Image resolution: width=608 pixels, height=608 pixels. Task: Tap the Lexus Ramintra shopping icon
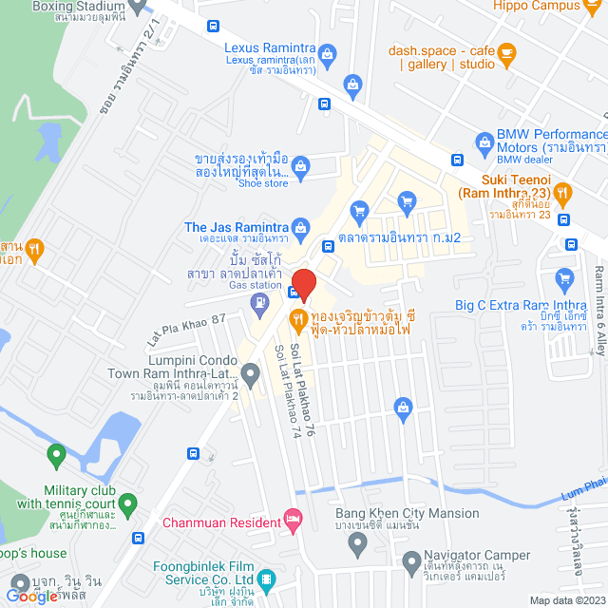[327, 53]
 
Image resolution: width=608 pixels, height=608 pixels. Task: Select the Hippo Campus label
[537, 5]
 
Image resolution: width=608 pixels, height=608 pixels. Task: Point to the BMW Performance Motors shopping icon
[484, 142]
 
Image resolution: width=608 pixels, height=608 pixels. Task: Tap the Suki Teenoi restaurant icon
[564, 194]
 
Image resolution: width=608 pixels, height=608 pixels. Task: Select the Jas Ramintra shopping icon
[301, 227]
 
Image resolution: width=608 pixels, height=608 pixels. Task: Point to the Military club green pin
[55, 457]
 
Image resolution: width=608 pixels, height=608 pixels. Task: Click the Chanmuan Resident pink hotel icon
[293, 522]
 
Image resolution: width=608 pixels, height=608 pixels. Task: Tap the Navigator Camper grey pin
[357, 543]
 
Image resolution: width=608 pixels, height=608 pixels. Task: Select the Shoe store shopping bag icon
[301, 171]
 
